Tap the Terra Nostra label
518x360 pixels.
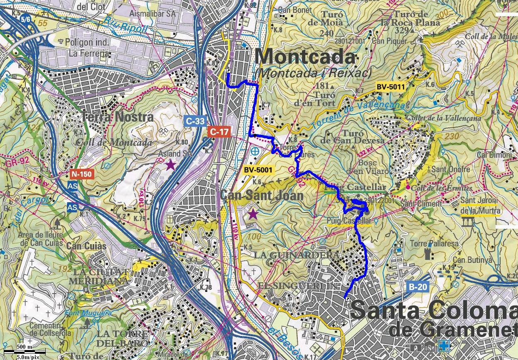click(118, 117)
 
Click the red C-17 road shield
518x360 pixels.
click(218, 132)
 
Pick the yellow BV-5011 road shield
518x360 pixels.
click(390, 87)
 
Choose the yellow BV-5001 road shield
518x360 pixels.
click(258, 169)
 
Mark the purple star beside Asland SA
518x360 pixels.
click(170, 165)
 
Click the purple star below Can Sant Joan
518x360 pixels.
click(253, 214)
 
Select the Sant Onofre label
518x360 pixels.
click(451, 169)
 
